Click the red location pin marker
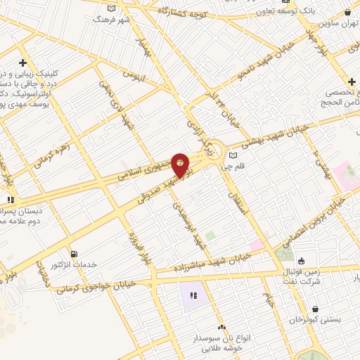tap(181, 167)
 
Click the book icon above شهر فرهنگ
tap(110, 8)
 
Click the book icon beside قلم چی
tap(233, 155)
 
